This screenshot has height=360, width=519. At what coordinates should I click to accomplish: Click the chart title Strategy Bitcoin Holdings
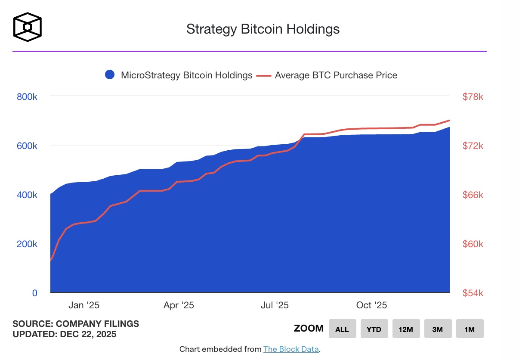coord(263,29)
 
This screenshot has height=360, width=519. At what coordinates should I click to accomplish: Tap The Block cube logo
coord(28,27)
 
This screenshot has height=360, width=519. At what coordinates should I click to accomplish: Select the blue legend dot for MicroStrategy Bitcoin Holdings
coord(110,75)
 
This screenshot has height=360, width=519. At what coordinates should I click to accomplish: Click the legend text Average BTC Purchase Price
coord(336,75)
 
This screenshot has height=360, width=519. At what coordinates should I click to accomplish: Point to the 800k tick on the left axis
coord(27,97)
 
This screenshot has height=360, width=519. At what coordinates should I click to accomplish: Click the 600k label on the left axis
coord(27,146)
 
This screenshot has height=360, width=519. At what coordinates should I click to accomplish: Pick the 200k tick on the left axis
coord(27,244)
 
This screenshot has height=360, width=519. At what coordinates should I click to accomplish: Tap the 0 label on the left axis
coord(35,293)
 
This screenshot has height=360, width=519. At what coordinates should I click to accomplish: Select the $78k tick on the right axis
coord(473,97)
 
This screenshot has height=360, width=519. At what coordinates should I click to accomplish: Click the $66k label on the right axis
coord(473,195)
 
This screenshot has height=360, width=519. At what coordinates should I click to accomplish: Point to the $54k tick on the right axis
coord(473,293)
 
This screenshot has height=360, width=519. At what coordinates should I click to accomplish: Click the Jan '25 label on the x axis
coord(84,305)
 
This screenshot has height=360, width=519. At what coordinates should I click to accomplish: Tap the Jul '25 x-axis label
coord(275,305)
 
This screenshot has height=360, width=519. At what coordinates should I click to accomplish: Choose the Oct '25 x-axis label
coord(372,305)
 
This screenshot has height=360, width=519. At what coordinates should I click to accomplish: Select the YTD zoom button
coord(374,329)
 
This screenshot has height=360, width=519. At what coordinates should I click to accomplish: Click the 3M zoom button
coord(438,329)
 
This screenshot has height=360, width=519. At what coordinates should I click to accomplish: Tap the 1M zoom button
coord(470,329)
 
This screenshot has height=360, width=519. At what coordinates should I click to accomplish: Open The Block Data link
coord(291,349)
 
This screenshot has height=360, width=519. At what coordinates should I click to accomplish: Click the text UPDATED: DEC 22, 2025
coord(64,334)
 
